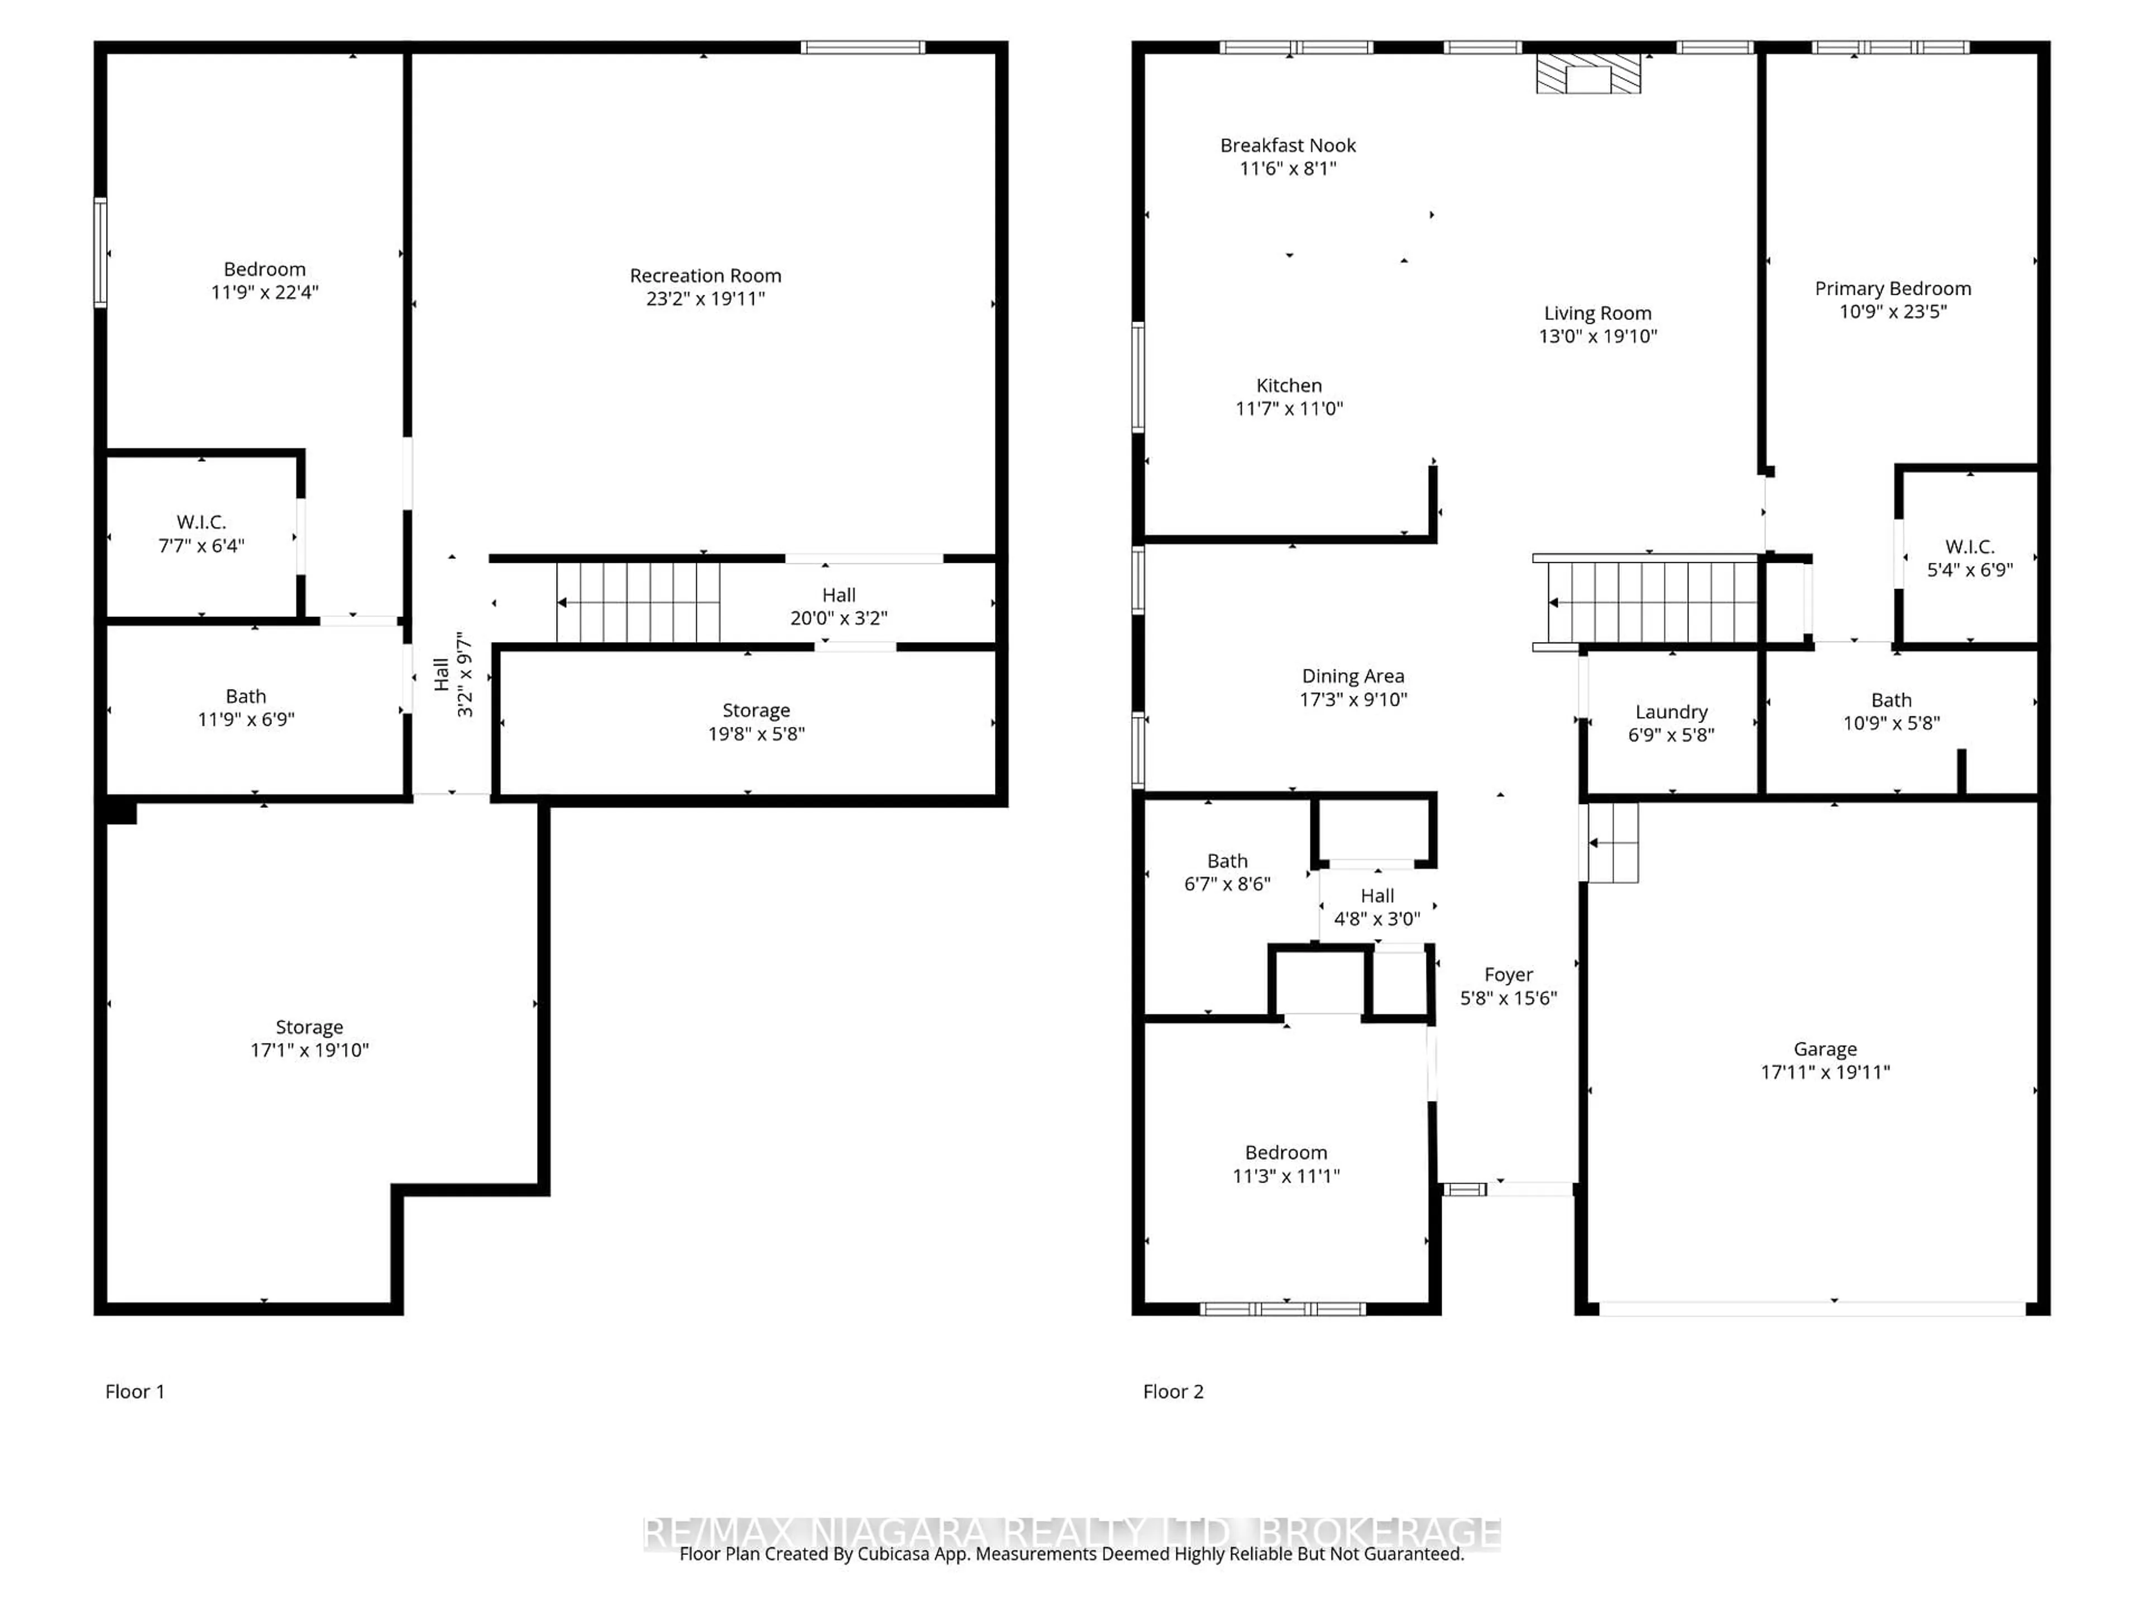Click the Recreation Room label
[x=706, y=276]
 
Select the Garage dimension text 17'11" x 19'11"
[x=1825, y=1072]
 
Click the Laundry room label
[x=1671, y=712]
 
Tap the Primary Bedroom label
[x=1893, y=289]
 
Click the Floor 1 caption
[x=135, y=1392]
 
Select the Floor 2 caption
[x=1173, y=1392]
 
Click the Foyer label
[x=1508, y=975]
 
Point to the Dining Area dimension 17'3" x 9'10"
[x=1353, y=700]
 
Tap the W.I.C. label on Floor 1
[x=202, y=523]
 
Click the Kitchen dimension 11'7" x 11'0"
[x=1289, y=409]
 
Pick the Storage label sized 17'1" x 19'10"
[x=309, y=1027]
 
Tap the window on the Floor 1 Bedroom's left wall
[x=100, y=253]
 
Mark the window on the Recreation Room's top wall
[x=863, y=46]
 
